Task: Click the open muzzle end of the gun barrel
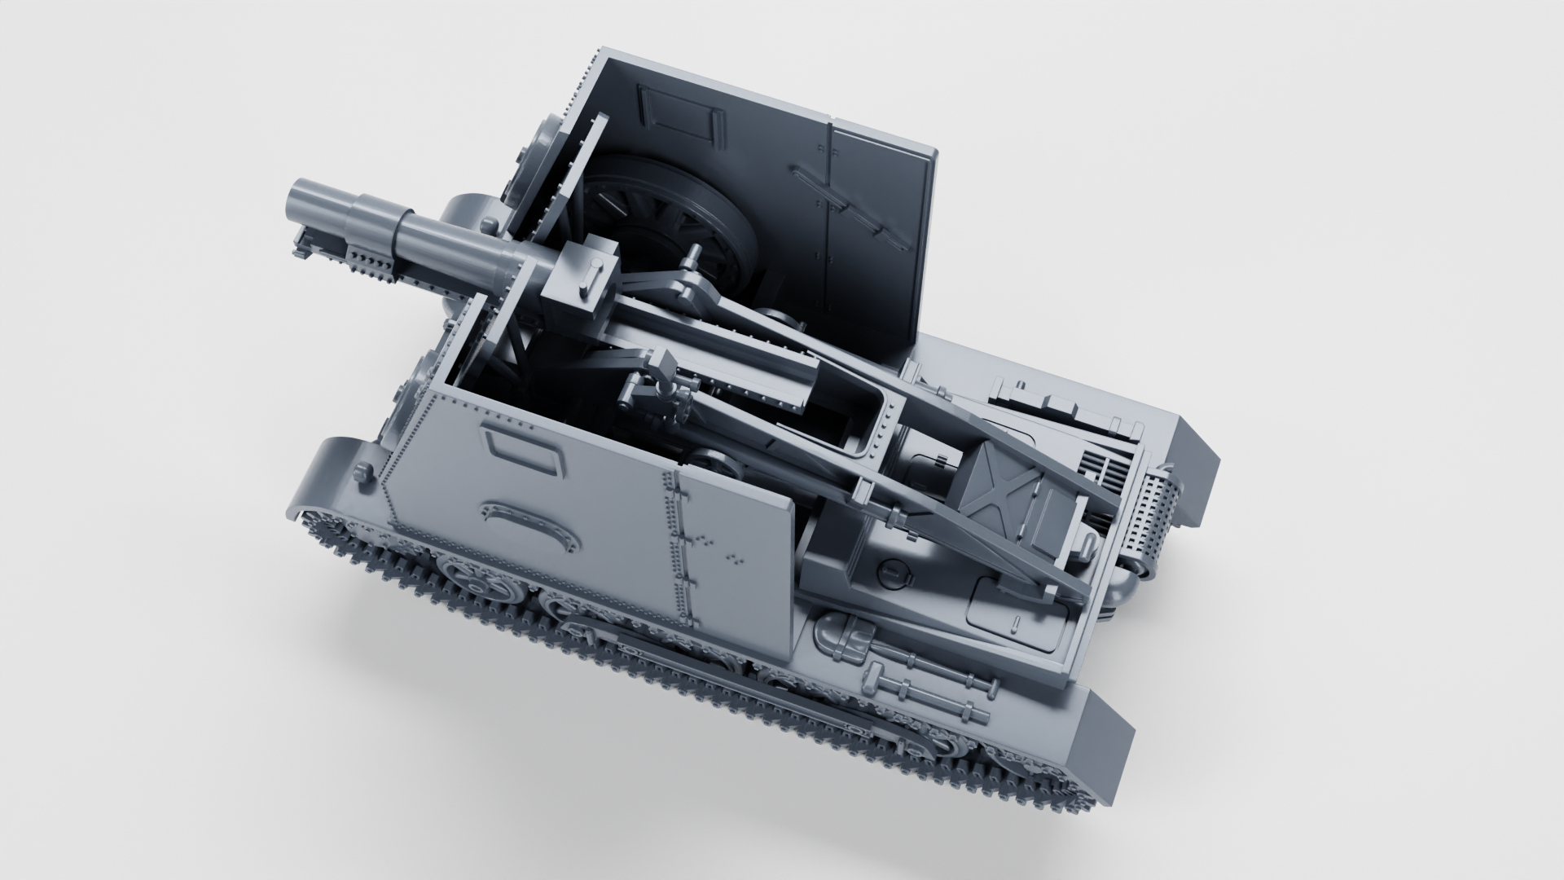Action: (x=300, y=199)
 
